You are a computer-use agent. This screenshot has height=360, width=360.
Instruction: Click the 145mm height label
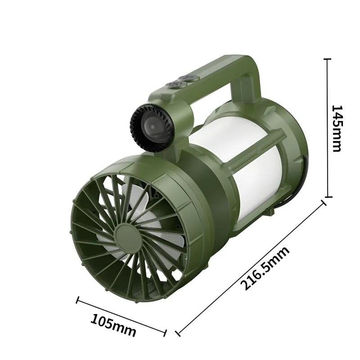pyautogui.click(x=337, y=128)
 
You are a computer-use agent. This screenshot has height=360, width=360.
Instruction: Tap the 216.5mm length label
pyautogui.click(x=265, y=268)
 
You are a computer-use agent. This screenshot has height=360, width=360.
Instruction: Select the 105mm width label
pyautogui.click(x=113, y=325)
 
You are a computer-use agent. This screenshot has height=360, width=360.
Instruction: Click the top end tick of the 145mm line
pyautogui.click(x=328, y=59)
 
